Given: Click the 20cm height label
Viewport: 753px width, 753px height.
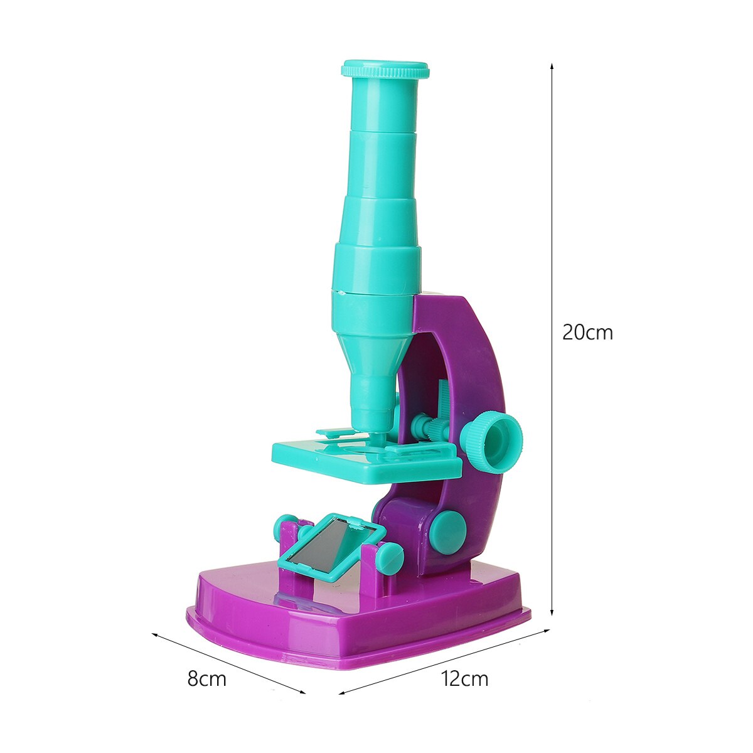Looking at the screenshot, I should [x=587, y=332].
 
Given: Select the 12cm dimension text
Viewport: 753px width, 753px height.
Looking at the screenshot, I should [x=464, y=678].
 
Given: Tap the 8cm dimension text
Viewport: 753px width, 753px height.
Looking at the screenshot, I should [x=206, y=678].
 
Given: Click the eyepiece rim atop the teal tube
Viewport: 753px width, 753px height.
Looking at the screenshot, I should [x=385, y=69].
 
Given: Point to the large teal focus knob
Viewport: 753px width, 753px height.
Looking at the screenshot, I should [x=491, y=441].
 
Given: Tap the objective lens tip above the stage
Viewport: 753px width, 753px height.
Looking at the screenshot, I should [x=376, y=429].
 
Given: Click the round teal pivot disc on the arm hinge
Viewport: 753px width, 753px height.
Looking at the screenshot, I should [x=447, y=531].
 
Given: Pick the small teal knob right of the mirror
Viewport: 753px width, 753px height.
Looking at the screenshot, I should [x=390, y=558].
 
